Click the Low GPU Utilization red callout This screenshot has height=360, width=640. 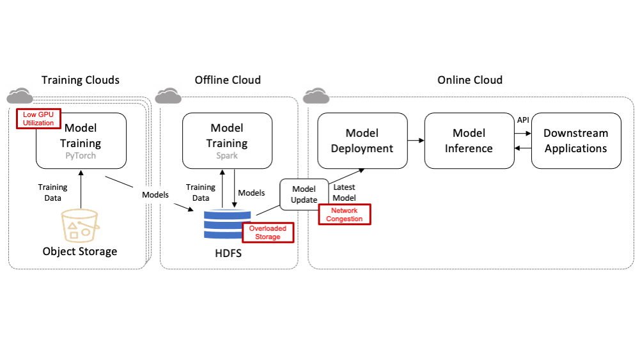coord(38,118)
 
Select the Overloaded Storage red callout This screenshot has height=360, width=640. coord(268,233)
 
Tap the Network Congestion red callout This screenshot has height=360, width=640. coord(345,215)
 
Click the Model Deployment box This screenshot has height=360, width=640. coord(362,141)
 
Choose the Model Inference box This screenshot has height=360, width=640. coord(469,141)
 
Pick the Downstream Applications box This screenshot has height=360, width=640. coord(575,141)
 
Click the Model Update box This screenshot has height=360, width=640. coord(304,194)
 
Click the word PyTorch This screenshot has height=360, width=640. coord(81,155)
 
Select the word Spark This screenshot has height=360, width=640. coord(228,155)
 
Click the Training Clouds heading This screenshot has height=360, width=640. coord(81,80)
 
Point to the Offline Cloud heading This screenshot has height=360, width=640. coord(228,80)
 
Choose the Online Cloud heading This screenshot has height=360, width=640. coord(469,80)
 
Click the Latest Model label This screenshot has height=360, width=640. coord(345,192)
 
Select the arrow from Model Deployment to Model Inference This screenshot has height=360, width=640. coord(416,141)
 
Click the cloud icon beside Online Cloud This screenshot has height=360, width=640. coord(316,96)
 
